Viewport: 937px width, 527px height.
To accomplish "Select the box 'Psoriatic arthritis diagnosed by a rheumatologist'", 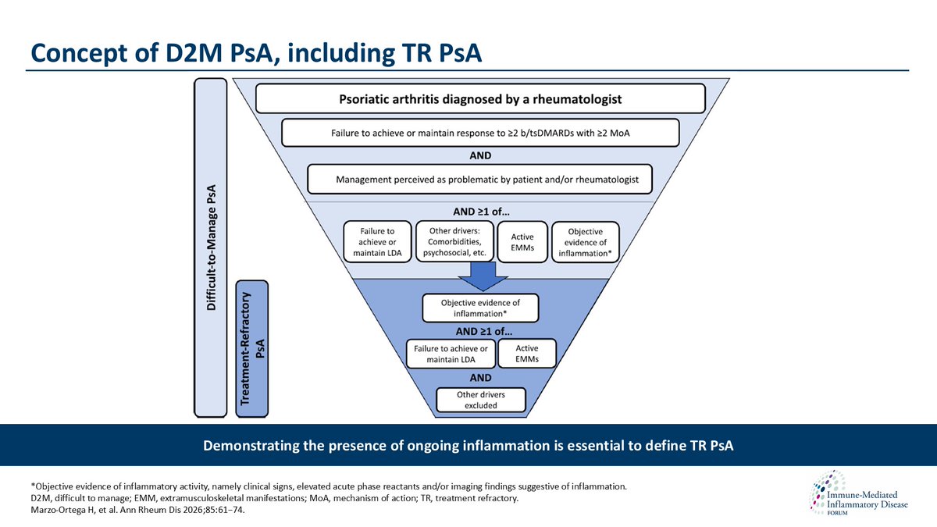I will point(480,99).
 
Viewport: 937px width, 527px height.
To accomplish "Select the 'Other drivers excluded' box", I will point(480,401).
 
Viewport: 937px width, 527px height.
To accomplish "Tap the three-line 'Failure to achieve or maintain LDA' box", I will point(377,243).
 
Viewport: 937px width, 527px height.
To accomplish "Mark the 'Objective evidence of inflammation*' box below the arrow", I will point(480,308).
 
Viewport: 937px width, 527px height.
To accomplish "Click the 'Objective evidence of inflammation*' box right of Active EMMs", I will point(586,242).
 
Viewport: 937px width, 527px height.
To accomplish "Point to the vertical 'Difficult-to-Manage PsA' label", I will point(212,247).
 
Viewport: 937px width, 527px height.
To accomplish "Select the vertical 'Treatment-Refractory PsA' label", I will point(251,348).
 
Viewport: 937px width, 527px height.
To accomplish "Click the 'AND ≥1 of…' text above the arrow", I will point(480,210).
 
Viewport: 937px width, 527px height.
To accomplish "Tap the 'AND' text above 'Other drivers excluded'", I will point(480,378).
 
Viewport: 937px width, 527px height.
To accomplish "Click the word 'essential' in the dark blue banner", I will point(536,446).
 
